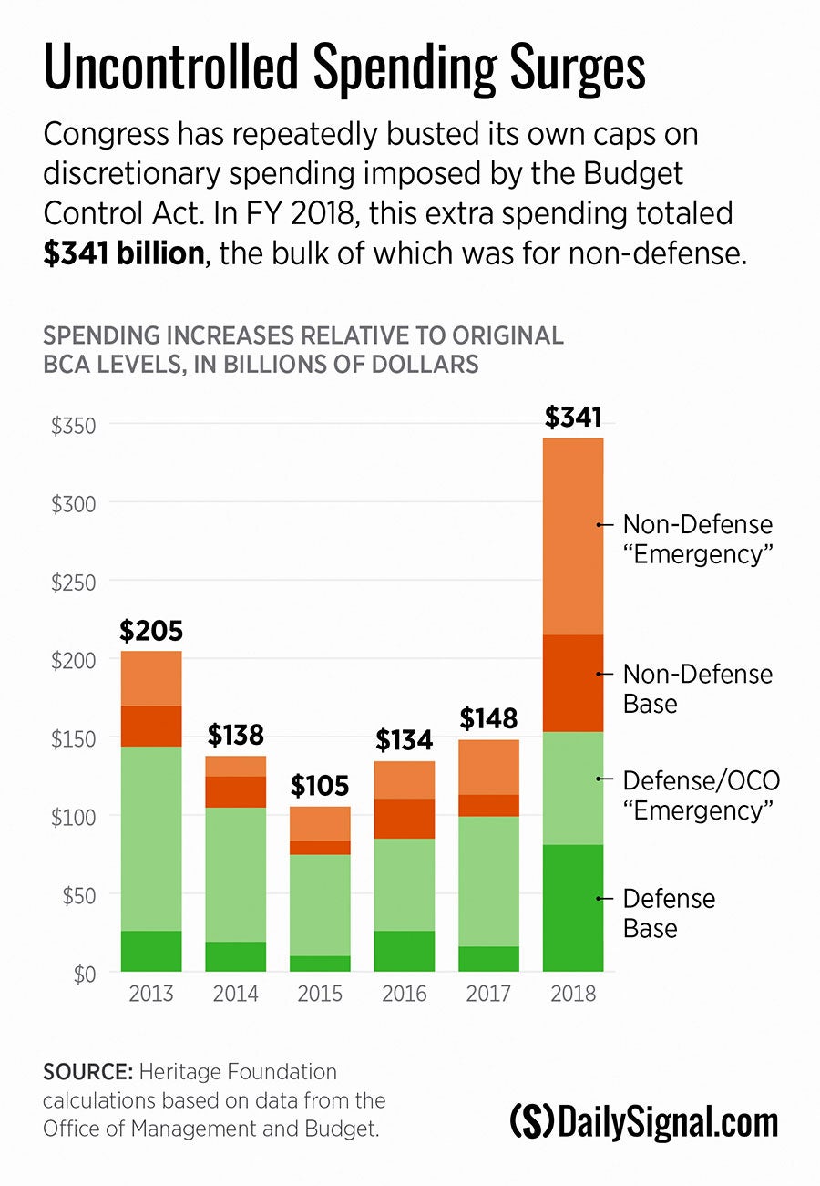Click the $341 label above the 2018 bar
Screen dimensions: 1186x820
[573, 418]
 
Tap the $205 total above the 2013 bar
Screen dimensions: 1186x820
[151, 630]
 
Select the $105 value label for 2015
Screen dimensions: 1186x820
[320, 786]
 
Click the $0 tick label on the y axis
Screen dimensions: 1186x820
[85, 973]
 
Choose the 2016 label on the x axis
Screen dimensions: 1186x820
[405, 993]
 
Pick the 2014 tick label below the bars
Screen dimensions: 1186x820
[235, 993]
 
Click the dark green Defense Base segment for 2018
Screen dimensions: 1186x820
[573, 908]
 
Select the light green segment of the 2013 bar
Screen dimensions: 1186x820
[151, 839]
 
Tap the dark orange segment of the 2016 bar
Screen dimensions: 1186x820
[405, 819]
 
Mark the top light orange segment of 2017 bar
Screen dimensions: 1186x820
[488, 767]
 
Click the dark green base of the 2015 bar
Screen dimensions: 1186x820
[320, 964]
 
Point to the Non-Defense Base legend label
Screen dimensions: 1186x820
[697, 688]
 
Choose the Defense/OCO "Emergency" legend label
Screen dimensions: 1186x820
[701, 794]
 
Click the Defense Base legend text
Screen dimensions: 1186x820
[669, 913]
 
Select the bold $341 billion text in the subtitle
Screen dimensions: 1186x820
[124, 253]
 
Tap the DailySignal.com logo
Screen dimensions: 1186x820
[644, 1121]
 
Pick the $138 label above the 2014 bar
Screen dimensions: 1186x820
[235, 735]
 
